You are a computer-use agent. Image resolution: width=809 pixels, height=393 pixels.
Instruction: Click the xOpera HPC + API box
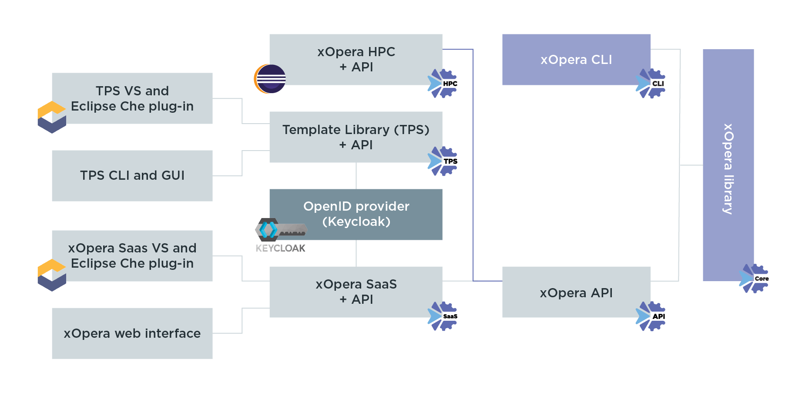pyautogui.click(x=356, y=59)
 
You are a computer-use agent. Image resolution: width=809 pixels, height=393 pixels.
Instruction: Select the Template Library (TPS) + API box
pyautogui.click(x=356, y=137)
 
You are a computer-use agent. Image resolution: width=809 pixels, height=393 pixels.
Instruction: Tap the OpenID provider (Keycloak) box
pyautogui.click(x=356, y=214)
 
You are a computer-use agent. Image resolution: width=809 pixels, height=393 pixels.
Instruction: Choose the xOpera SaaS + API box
pyautogui.click(x=356, y=292)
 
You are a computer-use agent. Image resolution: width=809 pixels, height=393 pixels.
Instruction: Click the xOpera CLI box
pyautogui.click(x=576, y=59)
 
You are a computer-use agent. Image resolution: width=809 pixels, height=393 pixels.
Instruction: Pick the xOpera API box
pyautogui.click(x=576, y=292)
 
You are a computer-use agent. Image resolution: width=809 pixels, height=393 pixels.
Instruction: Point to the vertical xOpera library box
pyautogui.click(x=728, y=165)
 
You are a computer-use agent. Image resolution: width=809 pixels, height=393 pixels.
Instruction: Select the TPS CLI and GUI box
pyautogui.click(x=132, y=176)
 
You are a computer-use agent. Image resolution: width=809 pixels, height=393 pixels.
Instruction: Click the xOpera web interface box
pyautogui.click(x=132, y=333)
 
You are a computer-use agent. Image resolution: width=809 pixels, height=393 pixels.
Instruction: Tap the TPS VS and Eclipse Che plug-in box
pyautogui.click(x=132, y=98)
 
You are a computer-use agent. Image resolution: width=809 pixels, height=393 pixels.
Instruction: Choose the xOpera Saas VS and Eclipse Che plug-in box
pyautogui.click(x=132, y=256)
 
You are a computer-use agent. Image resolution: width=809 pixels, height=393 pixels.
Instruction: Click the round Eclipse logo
pyautogui.click(x=270, y=79)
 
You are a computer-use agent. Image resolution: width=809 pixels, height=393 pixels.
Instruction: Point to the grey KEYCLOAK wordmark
pyautogui.click(x=280, y=248)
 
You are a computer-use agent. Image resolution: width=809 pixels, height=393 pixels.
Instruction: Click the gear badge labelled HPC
pyautogui.click(x=443, y=83)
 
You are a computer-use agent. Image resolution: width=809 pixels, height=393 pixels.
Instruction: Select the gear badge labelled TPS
pyautogui.click(x=443, y=161)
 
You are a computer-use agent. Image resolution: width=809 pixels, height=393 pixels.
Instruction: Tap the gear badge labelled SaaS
pyautogui.click(x=443, y=316)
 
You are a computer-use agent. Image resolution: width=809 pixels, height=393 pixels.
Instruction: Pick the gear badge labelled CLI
pyautogui.click(x=651, y=83)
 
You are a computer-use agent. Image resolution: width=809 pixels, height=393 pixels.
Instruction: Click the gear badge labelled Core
pyautogui.click(x=754, y=279)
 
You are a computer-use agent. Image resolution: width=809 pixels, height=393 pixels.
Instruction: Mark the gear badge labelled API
pyautogui.click(x=651, y=316)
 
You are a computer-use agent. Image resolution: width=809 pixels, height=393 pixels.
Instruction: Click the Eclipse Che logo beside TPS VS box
pyautogui.click(x=52, y=117)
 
